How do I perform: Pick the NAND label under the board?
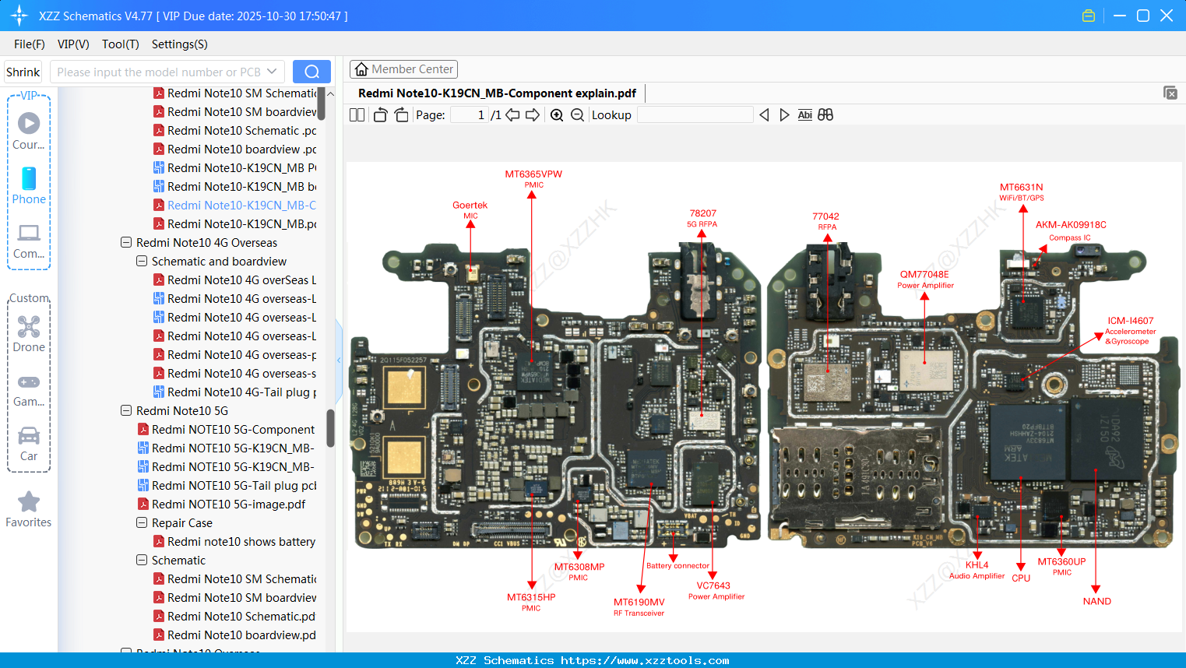coord(1096,601)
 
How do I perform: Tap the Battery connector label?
coord(677,566)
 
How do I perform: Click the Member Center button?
coord(403,69)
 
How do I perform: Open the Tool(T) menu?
coord(120,44)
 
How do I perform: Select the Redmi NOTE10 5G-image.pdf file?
coord(228,505)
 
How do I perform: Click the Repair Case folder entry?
coord(181,523)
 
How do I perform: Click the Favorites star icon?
coord(29,502)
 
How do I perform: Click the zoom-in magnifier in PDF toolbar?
coord(557,115)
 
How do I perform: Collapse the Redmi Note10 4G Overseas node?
coord(126,243)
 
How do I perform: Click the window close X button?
coord(1166,16)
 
